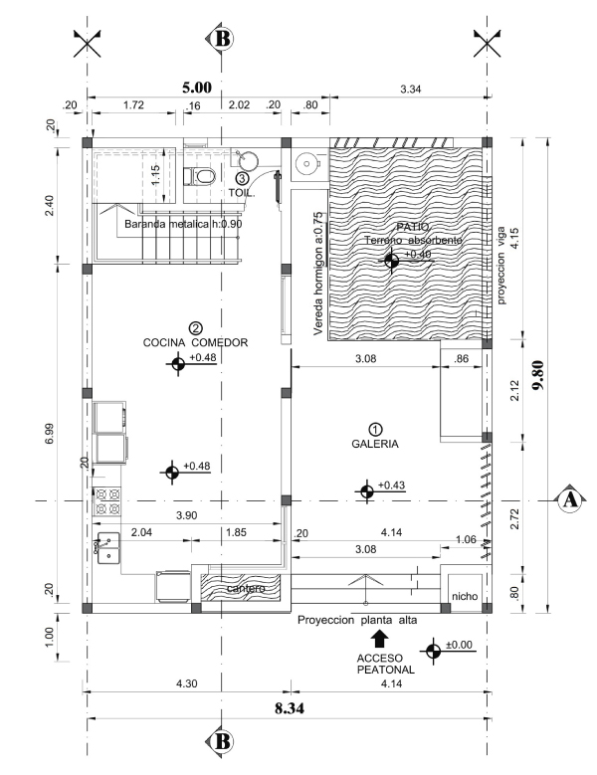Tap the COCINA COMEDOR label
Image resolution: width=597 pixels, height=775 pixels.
tap(195, 342)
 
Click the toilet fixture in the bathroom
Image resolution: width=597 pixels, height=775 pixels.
tap(204, 177)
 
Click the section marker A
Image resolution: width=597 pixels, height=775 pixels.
tap(568, 499)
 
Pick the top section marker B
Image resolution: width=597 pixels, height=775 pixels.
tap(222, 39)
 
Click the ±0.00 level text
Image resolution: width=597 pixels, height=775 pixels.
tap(460, 645)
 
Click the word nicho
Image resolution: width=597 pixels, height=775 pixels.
tap(465, 596)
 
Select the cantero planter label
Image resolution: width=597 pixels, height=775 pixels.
tap(244, 589)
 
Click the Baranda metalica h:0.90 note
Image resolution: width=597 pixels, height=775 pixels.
tap(183, 224)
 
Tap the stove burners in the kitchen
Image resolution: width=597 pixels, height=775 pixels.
tap(106, 500)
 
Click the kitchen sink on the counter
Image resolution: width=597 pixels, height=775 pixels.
tap(106, 547)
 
